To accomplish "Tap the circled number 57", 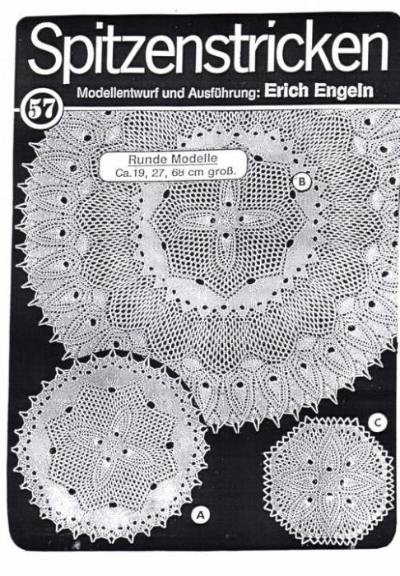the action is point(42,109).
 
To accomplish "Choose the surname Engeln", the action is point(344,92).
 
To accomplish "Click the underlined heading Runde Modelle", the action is point(173,159).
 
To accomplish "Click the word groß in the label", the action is point(221,172).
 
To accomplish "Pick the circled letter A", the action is point(200,514).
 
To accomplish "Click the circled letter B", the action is point(302,182).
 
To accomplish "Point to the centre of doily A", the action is point(110,449).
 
